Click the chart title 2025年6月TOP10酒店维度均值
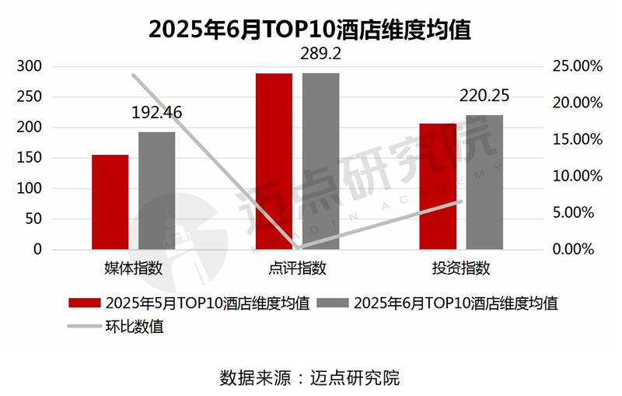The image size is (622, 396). click(x=311, y=30)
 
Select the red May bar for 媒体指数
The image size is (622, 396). click(x=110, y=202)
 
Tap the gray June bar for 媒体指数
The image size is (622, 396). click(x=156, y=191)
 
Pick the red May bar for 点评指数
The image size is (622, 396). click(x=274, y=161)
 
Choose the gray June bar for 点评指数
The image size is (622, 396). click(x=320, y=161)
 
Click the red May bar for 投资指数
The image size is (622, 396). click(x=438, y=186)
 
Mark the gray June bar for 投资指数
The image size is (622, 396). click(x=484, y=182)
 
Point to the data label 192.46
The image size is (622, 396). click(x=156, y=113)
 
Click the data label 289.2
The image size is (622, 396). click(x=320, y=54)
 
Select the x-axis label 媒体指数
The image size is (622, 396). click(x=133, y=268)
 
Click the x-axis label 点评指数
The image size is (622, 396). click(x=297, y=268)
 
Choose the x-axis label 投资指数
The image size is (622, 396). click(x=461, y=268)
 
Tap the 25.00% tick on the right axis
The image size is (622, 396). click(x=576, y=66)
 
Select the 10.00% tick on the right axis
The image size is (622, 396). click(x=576, y=176)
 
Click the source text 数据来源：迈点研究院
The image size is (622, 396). click(x=310, y=378)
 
